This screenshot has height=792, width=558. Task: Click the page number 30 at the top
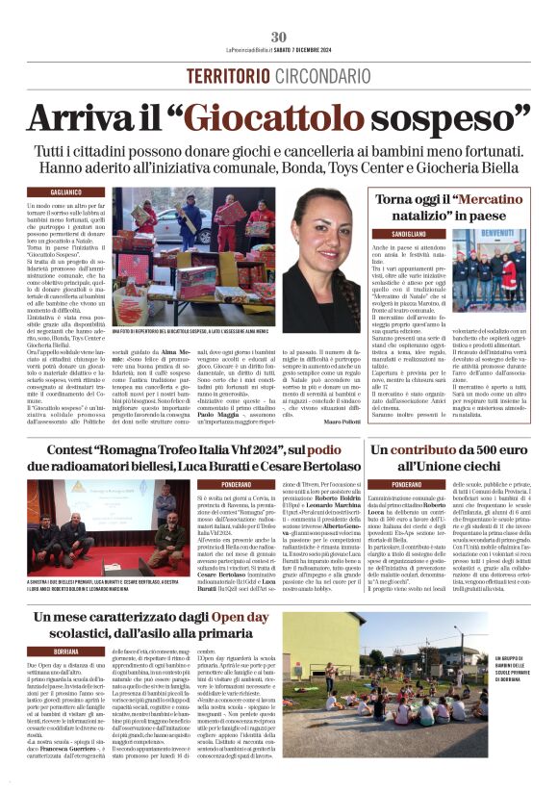(x=279, y=37)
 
